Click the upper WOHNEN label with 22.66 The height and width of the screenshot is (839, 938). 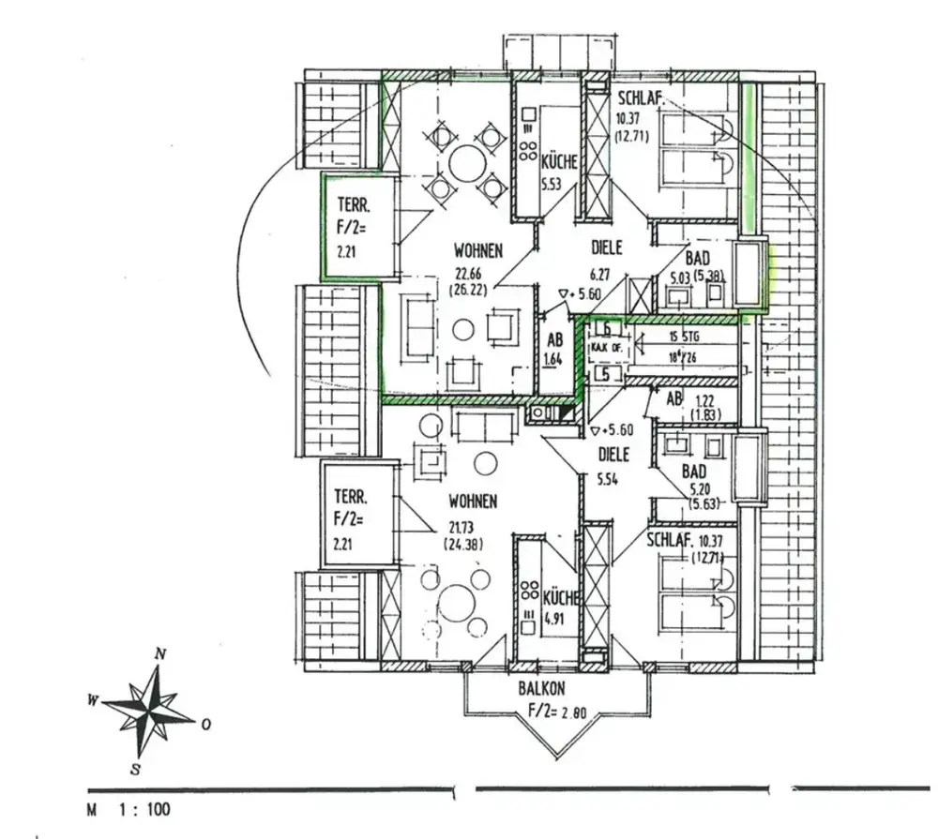coord(478,251)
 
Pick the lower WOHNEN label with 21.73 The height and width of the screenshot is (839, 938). coord(472,502)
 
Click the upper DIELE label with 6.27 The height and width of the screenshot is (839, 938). coord(607,249)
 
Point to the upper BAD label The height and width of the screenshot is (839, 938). coord(697,258)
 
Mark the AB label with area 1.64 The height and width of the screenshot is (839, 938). coord(554,341)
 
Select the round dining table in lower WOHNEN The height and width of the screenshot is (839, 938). coord(457,601)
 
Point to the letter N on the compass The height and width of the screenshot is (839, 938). coord(160,654)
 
